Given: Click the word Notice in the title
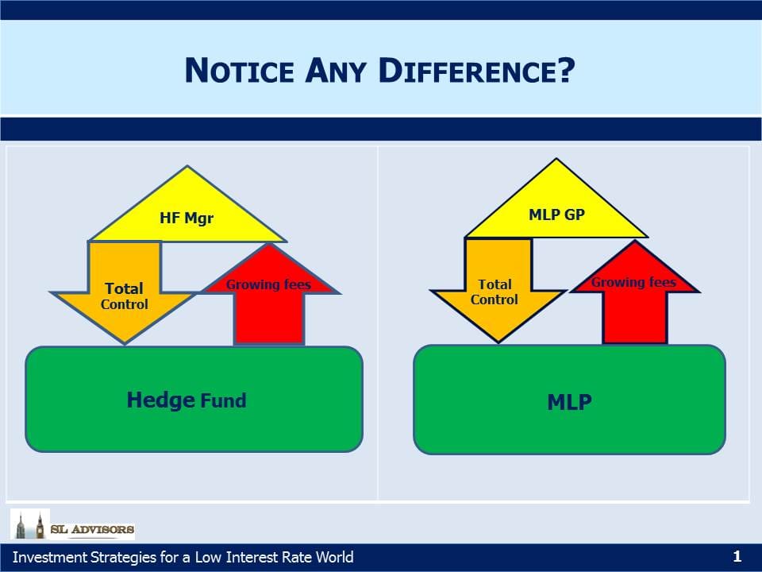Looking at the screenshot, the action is tap(240, 71).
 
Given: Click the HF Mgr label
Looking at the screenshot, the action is tap(187, 218).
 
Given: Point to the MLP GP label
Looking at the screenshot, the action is tap(556, 214).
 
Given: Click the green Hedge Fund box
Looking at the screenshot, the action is tap(194, 400).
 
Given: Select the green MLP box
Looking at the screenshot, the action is tap(569, 400).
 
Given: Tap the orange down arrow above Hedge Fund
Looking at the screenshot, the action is tap(125, 292).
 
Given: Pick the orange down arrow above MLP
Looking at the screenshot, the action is tap(498, 290).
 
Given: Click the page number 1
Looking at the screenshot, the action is tap(737, 556).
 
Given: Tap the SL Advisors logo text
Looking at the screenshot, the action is tap(92, 529).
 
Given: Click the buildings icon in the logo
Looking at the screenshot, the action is tap(30, 524).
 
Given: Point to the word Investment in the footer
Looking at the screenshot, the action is tap(50, 557).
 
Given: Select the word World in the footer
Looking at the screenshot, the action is tap(334, 557).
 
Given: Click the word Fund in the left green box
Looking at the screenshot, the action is tap(223, 400).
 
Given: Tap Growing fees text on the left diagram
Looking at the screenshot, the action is tap(268, 284).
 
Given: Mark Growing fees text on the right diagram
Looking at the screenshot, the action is tap(633, 282).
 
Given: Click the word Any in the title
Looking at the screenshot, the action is tap(336, 71).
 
